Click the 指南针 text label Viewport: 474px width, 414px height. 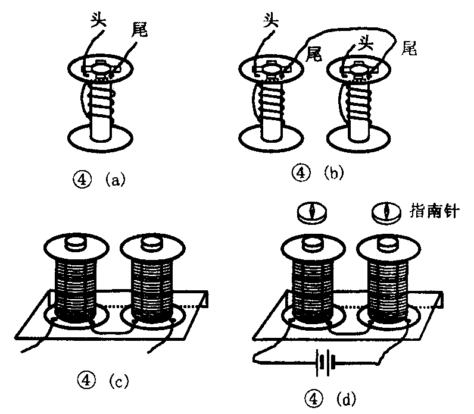pyautogui.click(x=434, y=210)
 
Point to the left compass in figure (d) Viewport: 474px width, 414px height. pyautogui.click(x=313, y=213)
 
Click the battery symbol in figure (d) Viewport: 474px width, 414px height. pyautogui.click(x=324, y=360)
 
